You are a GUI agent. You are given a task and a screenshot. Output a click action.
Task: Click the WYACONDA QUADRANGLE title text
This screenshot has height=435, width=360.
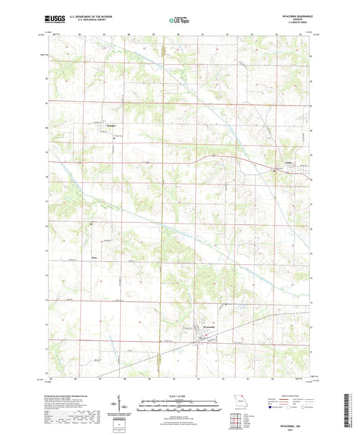click(x=291, y=14)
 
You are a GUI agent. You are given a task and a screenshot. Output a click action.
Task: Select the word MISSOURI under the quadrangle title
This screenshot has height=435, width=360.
click(x=291, y=18)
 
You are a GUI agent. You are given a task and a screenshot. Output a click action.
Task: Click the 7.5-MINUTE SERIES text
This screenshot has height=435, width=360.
click(x=291, y=22)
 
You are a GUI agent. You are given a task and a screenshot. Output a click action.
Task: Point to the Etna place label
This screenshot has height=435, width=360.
click(x=95, y=257)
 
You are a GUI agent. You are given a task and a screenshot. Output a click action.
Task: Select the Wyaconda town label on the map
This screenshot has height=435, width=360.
click(x=210, y=327)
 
